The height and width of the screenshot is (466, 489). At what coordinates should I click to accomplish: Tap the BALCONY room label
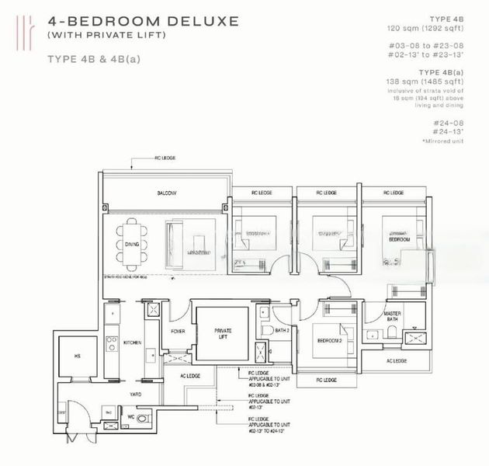(165, 193)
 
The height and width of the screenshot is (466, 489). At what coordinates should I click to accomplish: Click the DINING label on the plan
(131, 244)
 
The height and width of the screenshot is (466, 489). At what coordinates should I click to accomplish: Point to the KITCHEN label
(133, 343)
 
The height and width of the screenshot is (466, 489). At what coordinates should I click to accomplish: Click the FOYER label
(177, 331)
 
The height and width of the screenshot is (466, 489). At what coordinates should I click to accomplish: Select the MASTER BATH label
(397, 317)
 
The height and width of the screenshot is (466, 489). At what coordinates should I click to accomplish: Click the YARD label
(134, 395)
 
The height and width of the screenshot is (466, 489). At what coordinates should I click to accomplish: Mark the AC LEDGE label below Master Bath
(397, 360)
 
